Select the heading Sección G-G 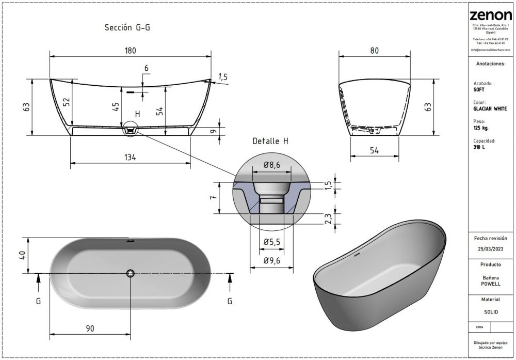click(127, 28)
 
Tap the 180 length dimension click(130, 50)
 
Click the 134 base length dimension click(130, 158)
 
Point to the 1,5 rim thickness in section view click(223, 77)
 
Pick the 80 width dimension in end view click(375, 50)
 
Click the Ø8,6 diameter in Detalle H click(271, 165)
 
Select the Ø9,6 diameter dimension click(271, 261)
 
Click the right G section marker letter click(230, 301)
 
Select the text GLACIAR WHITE click(490, 108)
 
